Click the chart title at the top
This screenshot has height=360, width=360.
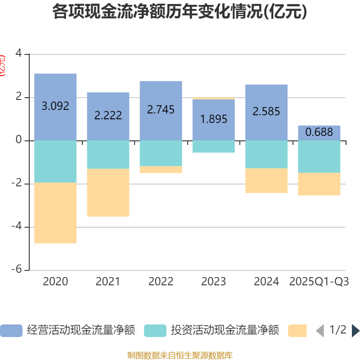180,12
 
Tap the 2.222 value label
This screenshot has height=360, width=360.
108,115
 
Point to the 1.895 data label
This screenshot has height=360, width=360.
213,119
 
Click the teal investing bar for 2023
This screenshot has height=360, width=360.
213,147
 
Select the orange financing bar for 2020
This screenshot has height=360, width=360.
55,213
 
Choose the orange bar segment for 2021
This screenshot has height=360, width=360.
108,193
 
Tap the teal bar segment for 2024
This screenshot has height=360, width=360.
266,154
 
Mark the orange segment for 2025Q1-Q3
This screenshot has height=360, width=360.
319,184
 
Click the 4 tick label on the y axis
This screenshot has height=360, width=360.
19,54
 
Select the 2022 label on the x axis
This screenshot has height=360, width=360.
161,282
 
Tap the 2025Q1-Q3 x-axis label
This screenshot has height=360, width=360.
319,282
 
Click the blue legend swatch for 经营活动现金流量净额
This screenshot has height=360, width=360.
11,331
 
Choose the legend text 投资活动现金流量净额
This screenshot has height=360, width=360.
225,331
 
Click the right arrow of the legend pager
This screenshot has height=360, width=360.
355,331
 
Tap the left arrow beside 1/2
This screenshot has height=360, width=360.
320,331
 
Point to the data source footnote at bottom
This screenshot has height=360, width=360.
180,355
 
